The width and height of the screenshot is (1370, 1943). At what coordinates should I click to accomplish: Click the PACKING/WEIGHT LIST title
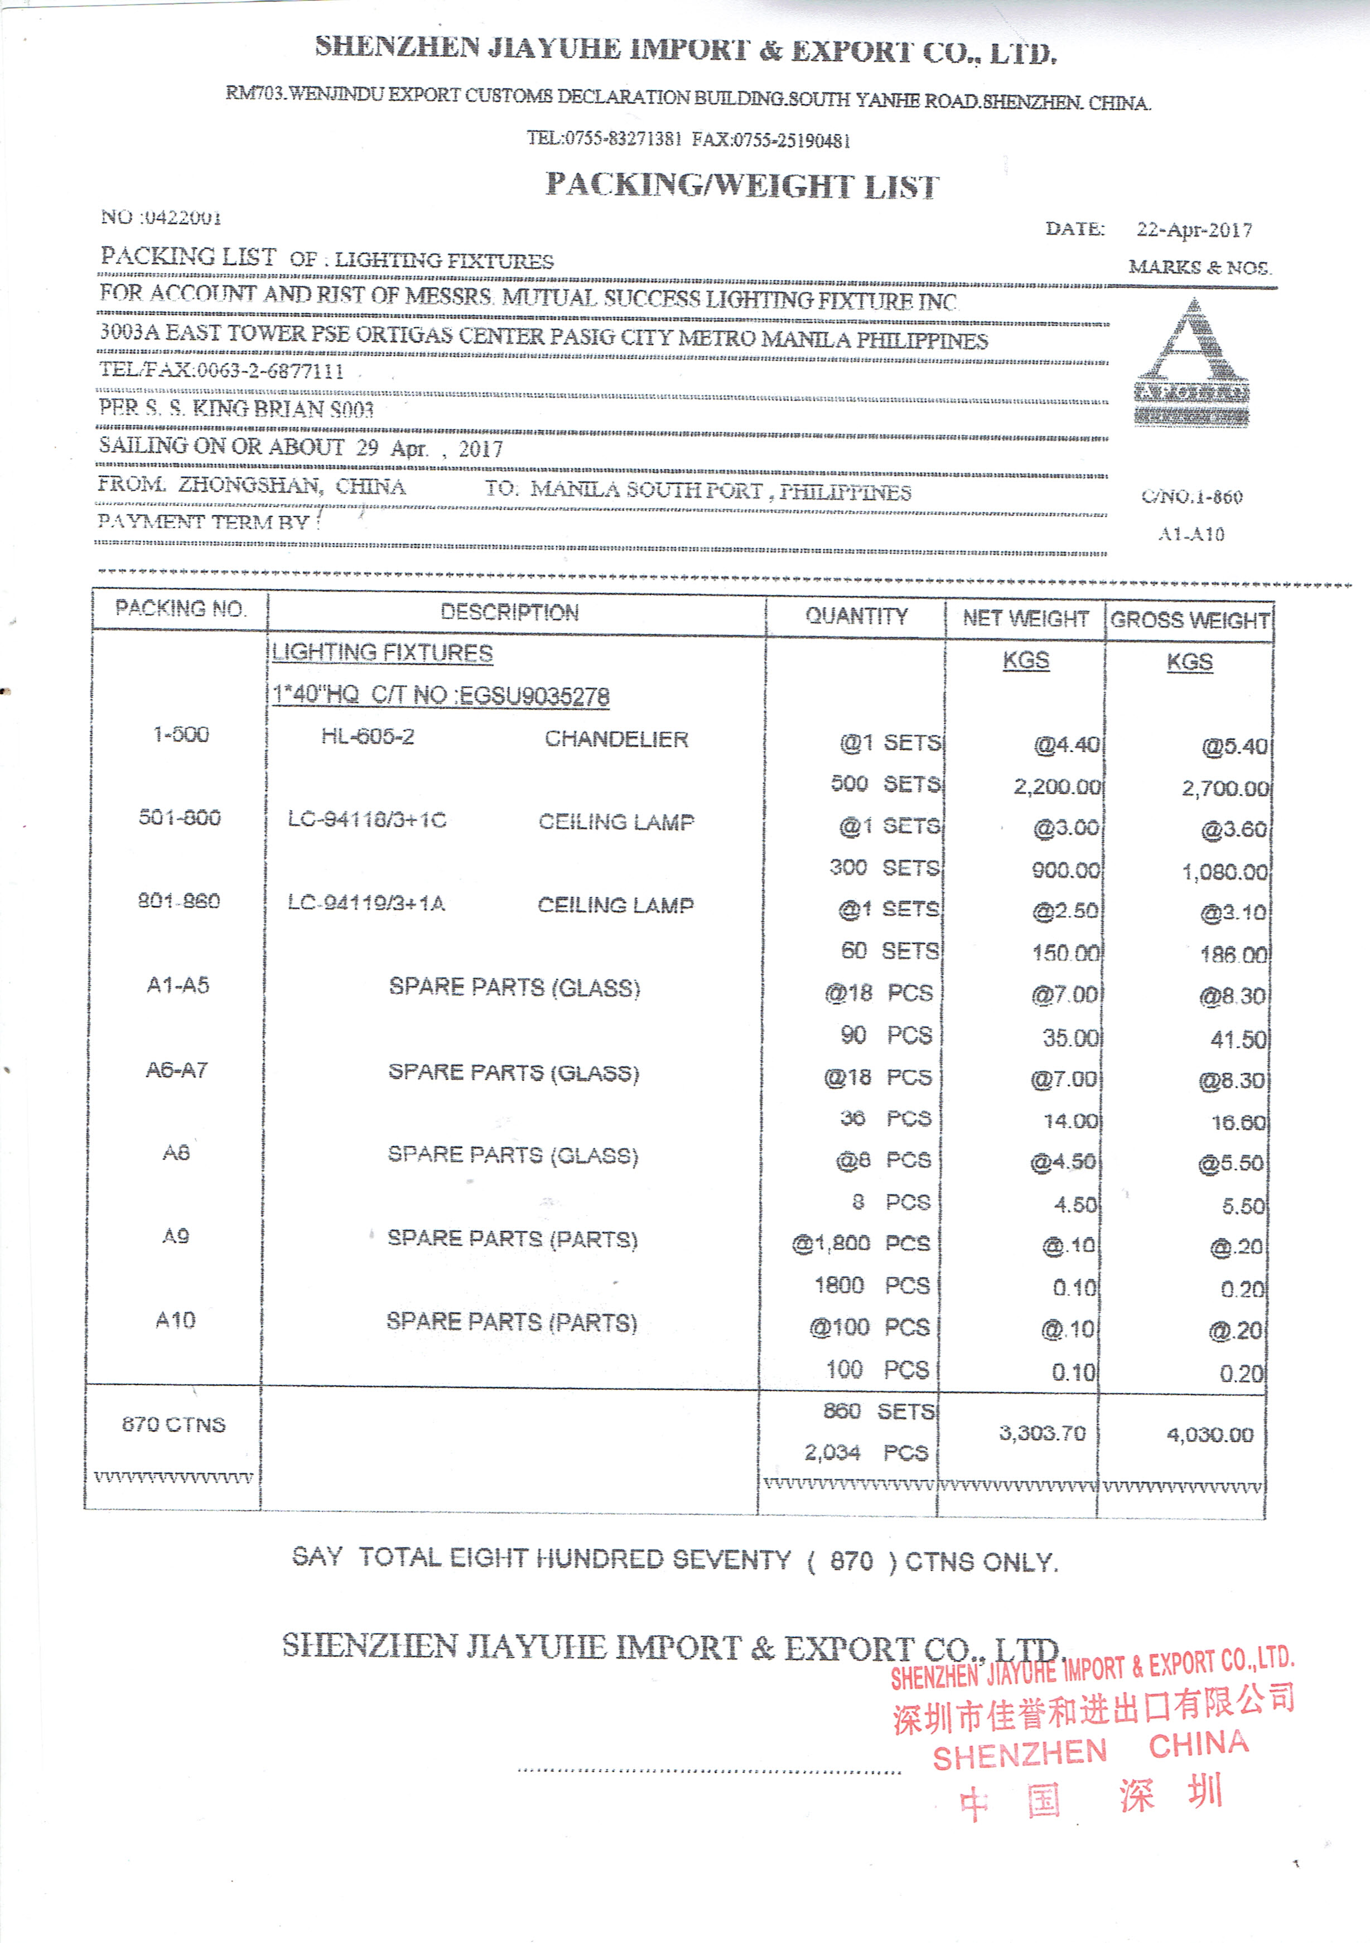click(x=742, y=185)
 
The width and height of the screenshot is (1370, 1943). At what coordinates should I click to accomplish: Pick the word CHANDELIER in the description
click(x=616, y=739)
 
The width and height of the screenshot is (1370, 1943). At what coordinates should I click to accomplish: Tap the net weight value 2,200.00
click(x=1057, y=787)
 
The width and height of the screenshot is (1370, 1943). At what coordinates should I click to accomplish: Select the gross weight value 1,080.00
click(x=1224, y=872)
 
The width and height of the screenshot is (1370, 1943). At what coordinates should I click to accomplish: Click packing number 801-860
click(x=179, y=901)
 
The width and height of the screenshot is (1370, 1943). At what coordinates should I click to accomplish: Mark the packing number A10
click(x=175, y=1320)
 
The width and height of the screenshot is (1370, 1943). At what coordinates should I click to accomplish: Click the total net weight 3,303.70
click(x=1041, y=1433)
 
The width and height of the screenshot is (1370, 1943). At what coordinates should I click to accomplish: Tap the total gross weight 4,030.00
click(x=1209, y=1434)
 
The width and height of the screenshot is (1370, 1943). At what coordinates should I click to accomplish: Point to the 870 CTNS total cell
click(x=173, y=1424)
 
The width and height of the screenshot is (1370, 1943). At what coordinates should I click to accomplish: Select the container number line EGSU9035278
click(x=440, y=695)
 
